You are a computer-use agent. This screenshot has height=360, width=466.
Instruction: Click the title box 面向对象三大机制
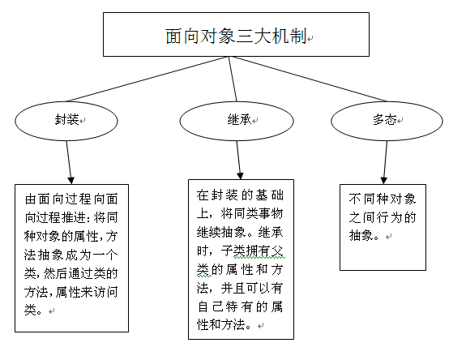(235, 36)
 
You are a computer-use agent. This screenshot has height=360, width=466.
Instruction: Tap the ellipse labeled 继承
(236, 120)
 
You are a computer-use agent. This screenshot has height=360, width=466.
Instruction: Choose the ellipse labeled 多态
(383, 119)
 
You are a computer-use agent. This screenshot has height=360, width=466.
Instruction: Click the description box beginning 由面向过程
(71, 258)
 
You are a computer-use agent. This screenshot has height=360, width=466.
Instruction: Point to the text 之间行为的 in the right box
(382, 216)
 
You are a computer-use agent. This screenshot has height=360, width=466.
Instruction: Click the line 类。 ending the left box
(36, 310)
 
